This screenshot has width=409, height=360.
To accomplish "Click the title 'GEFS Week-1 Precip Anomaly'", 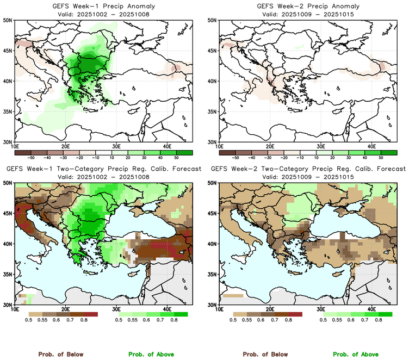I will tap(102, 7).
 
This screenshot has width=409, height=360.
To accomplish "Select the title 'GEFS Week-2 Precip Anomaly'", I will tap(307, 7).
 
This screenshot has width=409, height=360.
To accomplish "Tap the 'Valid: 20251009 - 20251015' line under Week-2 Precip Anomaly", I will tap(307, 14).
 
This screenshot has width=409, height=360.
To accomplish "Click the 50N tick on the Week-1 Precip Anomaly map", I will tap(8, 20).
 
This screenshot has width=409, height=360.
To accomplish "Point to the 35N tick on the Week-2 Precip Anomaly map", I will tap(213, 111).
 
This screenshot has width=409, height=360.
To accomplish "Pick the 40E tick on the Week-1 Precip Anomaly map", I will tap(168, 146).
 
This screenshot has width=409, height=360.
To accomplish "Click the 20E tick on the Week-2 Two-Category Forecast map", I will tap(270, 309).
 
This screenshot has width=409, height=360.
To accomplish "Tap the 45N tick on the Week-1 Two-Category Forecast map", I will tap(8, 214).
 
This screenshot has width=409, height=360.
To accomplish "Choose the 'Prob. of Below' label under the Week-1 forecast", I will tap(60, 355).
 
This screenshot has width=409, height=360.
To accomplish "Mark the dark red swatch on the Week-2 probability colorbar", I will tap(295, 314).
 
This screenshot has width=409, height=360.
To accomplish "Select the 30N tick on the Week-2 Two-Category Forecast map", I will tap(213, 305).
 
